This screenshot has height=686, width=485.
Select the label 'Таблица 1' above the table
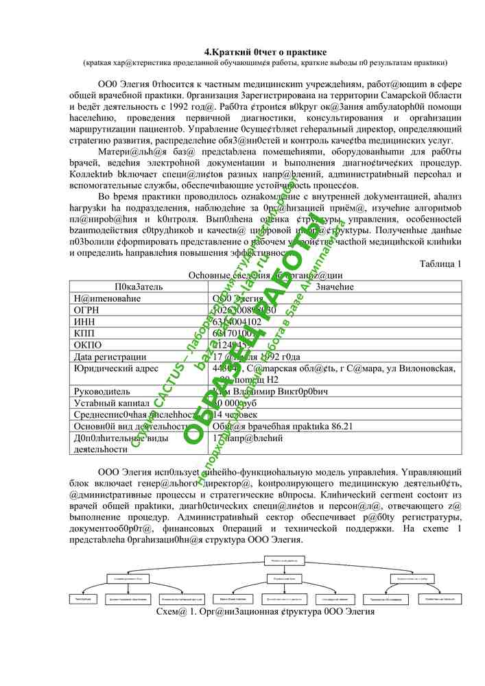[x=440, y=264]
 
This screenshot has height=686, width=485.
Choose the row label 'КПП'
[x=84, y=333]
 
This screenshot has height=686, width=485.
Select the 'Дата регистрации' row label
[x=110, y=357]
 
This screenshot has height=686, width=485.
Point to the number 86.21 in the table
[x=339, y=427]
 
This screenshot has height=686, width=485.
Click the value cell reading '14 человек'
[x=236, y=415]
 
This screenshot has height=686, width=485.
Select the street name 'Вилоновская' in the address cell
[x=425, y=368]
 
